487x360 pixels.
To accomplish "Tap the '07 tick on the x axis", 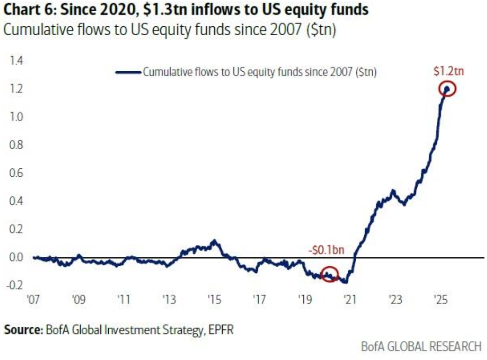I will [33, 299].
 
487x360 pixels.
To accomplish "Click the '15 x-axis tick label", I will [213, 299].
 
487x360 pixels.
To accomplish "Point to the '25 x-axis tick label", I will [439, 299].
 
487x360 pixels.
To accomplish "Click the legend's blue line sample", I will [128, 72].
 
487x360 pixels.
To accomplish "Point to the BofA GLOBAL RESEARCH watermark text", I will [421, 347].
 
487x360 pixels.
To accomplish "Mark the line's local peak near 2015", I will [214, 242].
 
